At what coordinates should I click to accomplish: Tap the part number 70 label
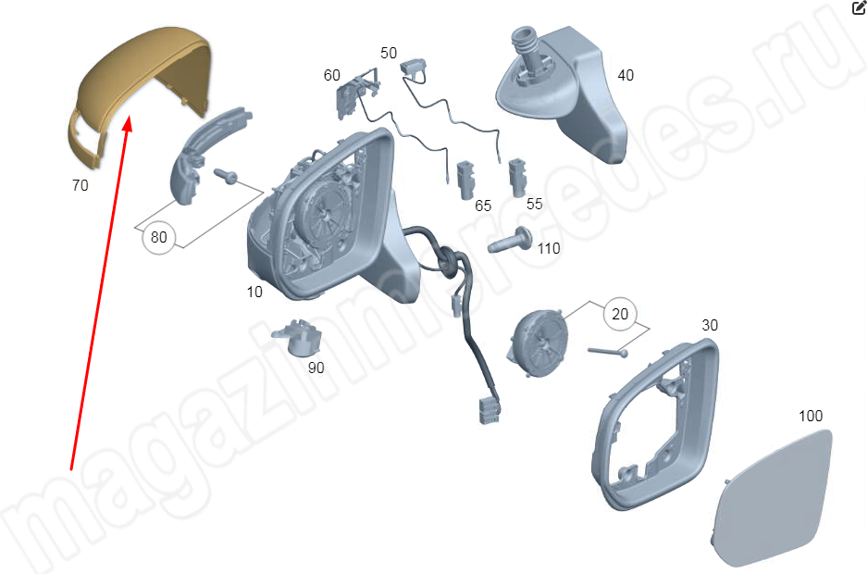click(x=81, y=185)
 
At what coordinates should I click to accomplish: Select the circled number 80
click(x=159, y=237)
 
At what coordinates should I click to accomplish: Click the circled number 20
click(x=620, y=314)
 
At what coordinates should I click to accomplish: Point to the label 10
click(x=254, y=292)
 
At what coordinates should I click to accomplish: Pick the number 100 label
click(x=811, y=416)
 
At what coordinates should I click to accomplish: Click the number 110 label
click(x=549, y=248)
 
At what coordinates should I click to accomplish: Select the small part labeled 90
click(x=299, y=337)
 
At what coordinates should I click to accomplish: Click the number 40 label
click(x=626, y=75)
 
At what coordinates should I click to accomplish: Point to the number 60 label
click(x=331, y=75)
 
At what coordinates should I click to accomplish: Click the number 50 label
click(x=389, y=53)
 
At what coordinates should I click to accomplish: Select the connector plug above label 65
click(x=465, y=180)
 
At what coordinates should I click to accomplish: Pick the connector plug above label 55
click(x=517, y=178)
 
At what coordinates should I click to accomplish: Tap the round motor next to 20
click(x=538, y=343)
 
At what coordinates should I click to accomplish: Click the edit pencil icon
click(x=859, y=7)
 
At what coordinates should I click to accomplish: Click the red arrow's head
click(x=128, y=123)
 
